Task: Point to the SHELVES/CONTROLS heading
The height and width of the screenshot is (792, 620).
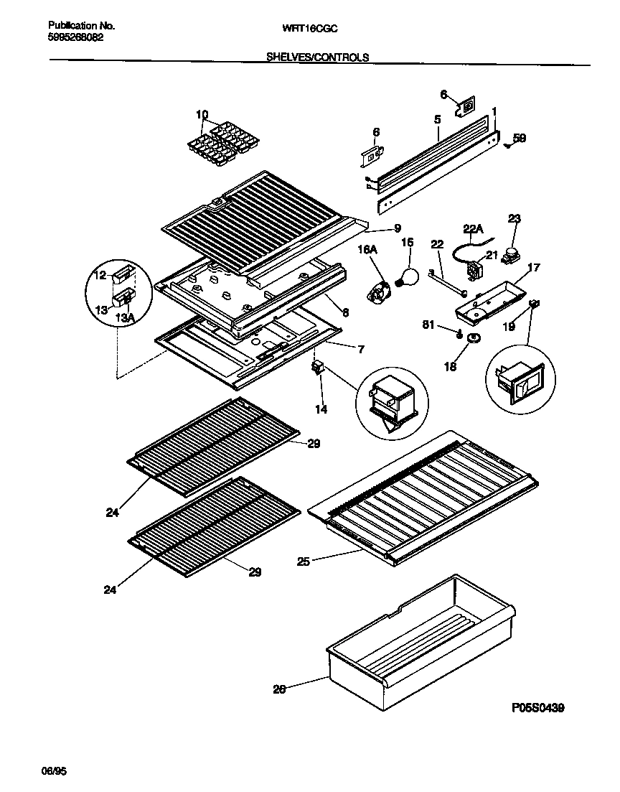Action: [317, 57]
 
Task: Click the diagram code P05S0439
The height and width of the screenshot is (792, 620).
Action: [537, 707]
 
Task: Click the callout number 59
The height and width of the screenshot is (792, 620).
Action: [520, 139]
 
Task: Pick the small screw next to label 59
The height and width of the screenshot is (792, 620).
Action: [507, 144]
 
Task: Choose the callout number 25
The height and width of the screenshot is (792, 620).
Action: [304, 562]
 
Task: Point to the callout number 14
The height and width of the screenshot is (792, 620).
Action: [320, 409]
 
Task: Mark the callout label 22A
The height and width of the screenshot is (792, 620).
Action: [473, 228]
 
